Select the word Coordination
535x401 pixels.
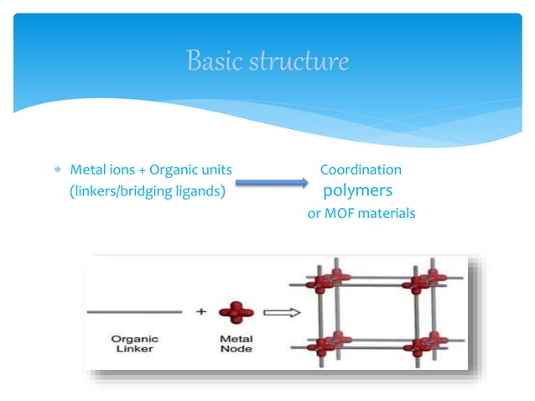[361, 170]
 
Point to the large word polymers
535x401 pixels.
[358, 191]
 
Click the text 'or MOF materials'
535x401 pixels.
[361, 213]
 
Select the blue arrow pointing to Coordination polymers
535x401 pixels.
[270, 182]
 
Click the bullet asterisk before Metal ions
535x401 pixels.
[58, 171]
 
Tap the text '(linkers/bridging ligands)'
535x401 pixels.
[147, 192]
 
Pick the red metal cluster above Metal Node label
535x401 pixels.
[236, 312]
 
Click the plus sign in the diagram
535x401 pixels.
[201, 312]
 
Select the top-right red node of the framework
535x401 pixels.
[426, 281]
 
